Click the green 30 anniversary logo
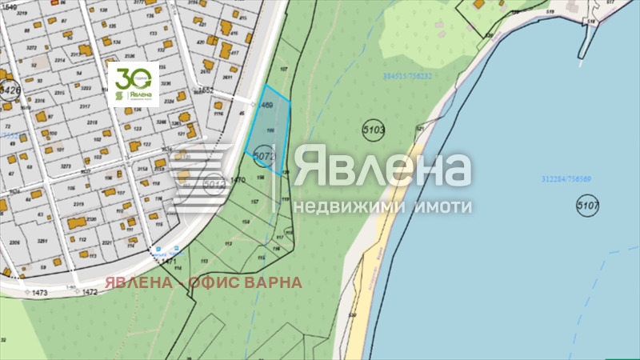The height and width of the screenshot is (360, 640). pos(133,83)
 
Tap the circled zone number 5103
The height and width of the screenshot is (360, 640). pos(374,129)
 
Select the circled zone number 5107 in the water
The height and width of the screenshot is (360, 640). pos(587,207)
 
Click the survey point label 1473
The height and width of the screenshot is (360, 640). pos(39,293)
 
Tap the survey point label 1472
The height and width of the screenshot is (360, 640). pos(89,293)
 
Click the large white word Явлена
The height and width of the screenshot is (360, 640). pos(382,169)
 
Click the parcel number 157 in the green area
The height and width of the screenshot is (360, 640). pos(253,200)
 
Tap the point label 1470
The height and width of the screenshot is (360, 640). pos(237,180)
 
